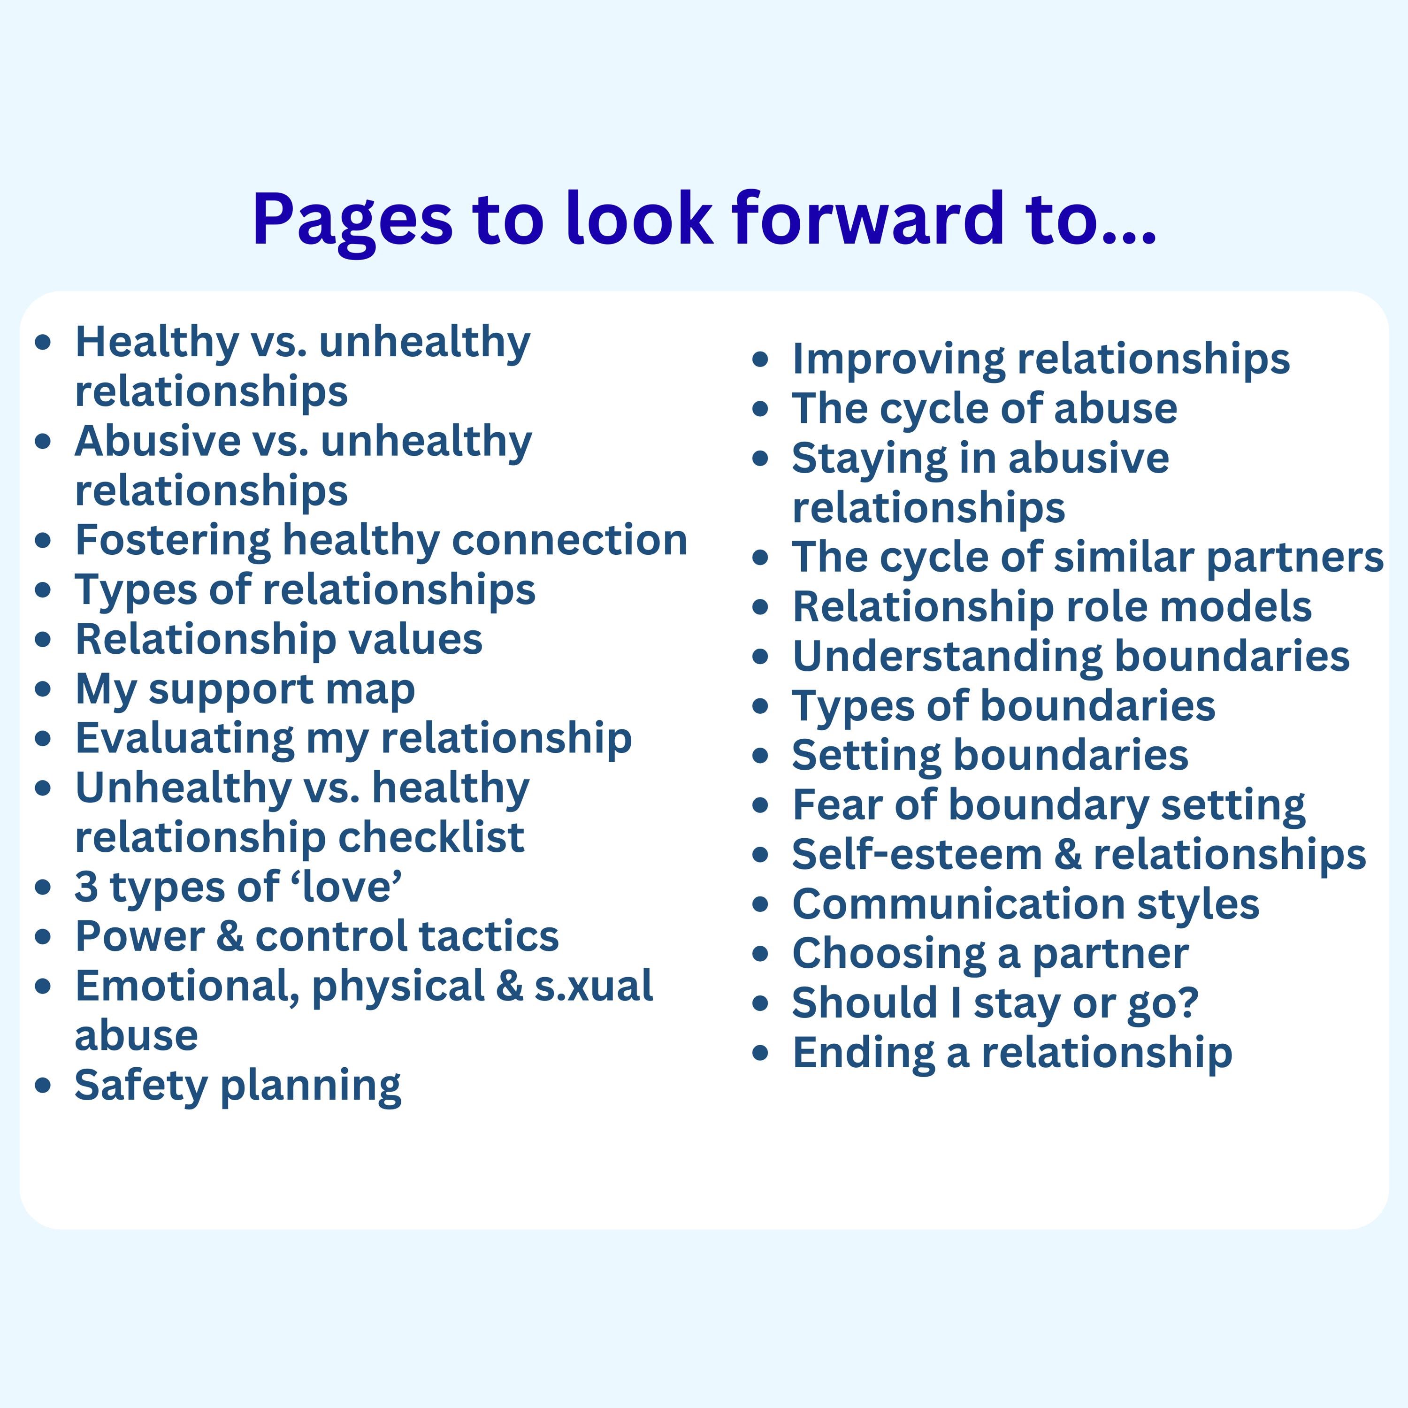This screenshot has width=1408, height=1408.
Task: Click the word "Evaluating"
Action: [x=184, y=738]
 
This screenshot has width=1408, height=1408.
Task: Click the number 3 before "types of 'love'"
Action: [x=86, y=887]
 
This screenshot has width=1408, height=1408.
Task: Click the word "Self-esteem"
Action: [x=917, y=854]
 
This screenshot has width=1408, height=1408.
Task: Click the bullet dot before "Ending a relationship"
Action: [x=760, y=1053]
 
